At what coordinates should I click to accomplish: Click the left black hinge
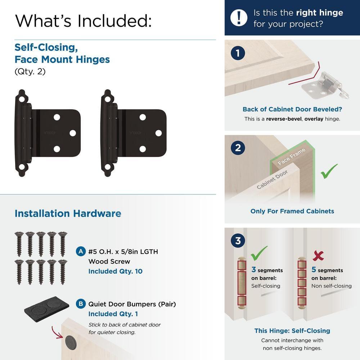[47, 133]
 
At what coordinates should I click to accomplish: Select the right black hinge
[133, 133]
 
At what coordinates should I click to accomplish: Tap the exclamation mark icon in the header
[239, 18]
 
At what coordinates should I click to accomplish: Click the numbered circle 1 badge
[238, 54]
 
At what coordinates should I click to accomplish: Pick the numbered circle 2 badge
[238, 148]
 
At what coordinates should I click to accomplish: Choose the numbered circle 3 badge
[238, 240]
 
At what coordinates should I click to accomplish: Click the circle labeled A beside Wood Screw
[81, 251]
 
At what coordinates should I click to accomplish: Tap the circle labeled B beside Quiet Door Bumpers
[81, 304]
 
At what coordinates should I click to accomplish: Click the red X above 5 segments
[318, 256]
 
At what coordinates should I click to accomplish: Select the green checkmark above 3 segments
[259, 253]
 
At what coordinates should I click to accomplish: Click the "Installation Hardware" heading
[68, 213]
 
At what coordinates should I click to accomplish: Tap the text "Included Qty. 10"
[115, 271]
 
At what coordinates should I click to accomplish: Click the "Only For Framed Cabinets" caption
[292, 211]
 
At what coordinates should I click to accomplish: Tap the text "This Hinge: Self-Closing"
[292, 330]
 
